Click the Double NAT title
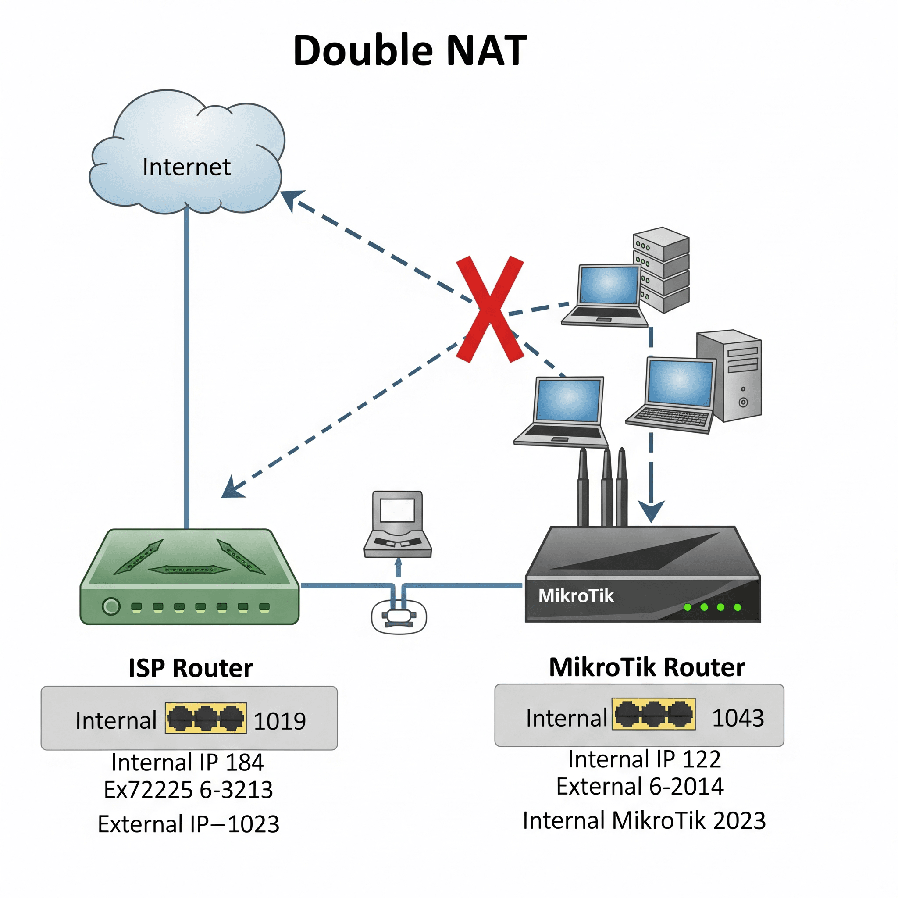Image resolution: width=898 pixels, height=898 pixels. click(410, 50)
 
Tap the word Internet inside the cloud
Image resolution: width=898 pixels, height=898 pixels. click(186, 167)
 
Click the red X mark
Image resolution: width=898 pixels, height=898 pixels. click(490, 309)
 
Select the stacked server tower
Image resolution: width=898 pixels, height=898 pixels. click(662, 270)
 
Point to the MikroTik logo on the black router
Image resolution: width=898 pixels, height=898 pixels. click(575, 596)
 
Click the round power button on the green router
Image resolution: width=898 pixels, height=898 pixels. click(111, 606)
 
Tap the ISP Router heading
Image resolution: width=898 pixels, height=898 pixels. click(191, 668)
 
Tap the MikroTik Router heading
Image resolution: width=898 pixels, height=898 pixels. click(647, 667)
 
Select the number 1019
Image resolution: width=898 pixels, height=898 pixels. click(279, 721)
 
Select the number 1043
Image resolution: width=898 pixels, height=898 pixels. click(738, 718)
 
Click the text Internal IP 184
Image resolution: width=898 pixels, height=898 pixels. click(187, 762)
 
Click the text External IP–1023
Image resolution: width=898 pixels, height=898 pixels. click(188, 824)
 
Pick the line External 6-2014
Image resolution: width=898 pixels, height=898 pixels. click(640, 787)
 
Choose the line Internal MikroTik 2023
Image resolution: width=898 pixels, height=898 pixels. click(644, 820)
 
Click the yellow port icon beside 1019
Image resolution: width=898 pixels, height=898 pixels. click(206, 718)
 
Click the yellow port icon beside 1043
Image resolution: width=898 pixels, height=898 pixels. click(653, 714)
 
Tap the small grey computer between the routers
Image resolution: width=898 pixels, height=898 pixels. click(397, 524)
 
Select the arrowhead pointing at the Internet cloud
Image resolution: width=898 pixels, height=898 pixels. click(292, 199)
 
